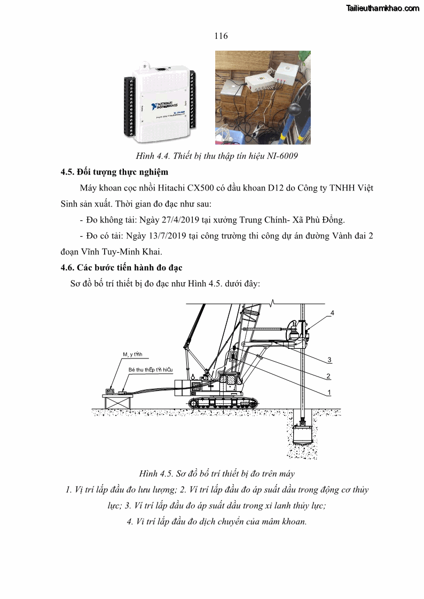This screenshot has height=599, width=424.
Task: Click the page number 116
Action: pyautogui.click(x=221, y=36)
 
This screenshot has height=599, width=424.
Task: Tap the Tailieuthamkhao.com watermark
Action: pyautogui.click(x=383, y=8)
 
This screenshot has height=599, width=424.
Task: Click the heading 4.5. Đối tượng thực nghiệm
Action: pyautogui.click(x=114, y=172)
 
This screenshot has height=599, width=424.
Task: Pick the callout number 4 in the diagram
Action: pyautogui.click(x=332, y=313)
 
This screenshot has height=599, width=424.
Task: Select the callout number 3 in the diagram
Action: pyautogui.click(x=329, y=359)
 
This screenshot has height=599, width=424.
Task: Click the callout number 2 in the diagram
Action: pyautogui.click(x=329, y=376)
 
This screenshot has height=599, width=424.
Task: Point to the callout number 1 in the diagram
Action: pyautogui.click(x=329, y=392)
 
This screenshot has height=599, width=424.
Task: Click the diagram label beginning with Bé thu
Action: pyautogui.click(x=151, y=369)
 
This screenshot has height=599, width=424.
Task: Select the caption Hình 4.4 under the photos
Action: pyautogui.click(x=216, y=156)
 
